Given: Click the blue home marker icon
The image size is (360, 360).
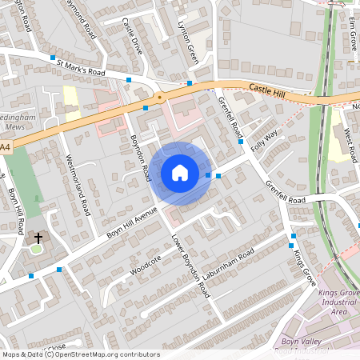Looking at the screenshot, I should (180, 172).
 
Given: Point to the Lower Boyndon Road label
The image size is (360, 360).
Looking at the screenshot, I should (191, 266).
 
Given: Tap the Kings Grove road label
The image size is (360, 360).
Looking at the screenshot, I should (305, 268).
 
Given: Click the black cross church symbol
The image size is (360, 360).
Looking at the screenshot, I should (38, 238).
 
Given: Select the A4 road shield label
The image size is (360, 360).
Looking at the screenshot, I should (6, 147).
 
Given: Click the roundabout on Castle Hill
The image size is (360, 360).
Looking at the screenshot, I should (159, 98).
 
